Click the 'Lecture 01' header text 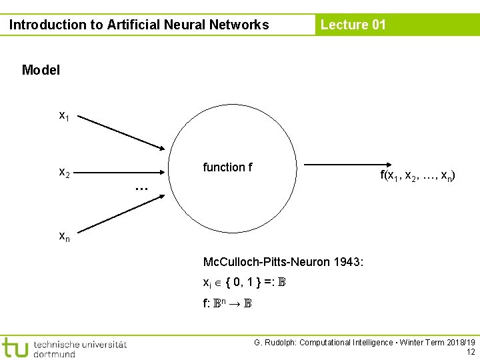353,25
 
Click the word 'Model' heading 41,70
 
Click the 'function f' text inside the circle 227,167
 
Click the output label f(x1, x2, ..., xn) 418,176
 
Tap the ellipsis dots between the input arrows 141,189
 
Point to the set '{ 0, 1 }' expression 244,283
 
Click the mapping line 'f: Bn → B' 227,303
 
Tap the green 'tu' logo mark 15,347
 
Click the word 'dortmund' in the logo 54,354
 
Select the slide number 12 471,352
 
